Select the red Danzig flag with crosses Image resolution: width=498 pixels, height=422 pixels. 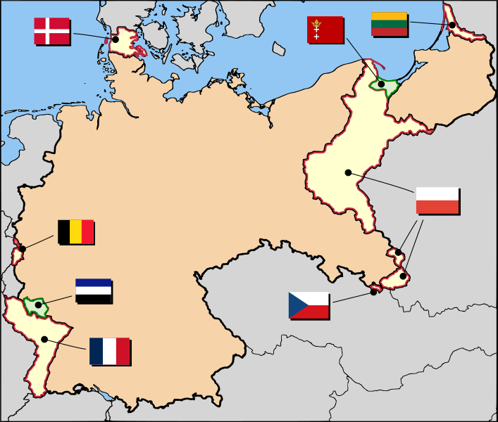(325, 30)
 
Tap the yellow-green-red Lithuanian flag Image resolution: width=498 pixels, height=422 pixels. (389, 23)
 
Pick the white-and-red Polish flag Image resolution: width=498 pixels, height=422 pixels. (437, 200)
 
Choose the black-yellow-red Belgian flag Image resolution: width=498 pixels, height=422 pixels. (75, 231)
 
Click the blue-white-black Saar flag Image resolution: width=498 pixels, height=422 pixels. (93, 290)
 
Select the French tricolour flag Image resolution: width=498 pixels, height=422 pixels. (109, 351)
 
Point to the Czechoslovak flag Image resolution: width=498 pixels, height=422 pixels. (309, 305)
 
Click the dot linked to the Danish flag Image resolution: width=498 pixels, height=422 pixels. (116, 39)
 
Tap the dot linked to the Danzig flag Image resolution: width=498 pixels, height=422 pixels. (381, 84)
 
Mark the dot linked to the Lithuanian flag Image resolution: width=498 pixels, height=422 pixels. (452, 26)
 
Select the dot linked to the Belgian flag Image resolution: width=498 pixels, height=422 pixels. (23, 248)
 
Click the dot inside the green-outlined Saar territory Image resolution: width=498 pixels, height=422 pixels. (38, 305)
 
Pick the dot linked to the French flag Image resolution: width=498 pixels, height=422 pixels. (44, 339)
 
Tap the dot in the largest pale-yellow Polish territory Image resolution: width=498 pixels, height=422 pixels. (348, 172)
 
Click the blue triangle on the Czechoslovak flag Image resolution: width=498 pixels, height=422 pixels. (295, 305)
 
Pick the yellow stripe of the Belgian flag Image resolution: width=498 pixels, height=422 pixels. (75, 231)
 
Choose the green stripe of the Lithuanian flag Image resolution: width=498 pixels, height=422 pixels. (389, 23)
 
